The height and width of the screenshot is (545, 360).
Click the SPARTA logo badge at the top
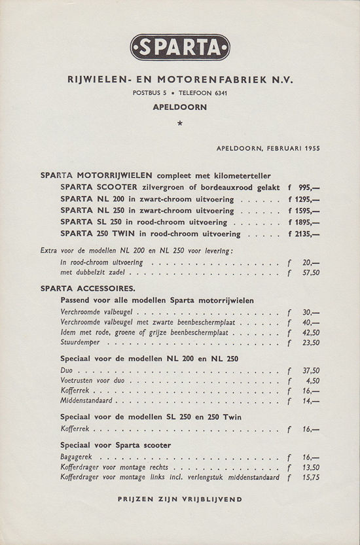(x=180, y=47)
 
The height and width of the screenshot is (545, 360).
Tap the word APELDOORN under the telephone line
(x=180, y=106)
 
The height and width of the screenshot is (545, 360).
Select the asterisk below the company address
(x=180, y=123)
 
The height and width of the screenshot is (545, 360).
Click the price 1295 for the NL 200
(x=306, y=199)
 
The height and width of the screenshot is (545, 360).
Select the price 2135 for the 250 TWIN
(x=306, y=234)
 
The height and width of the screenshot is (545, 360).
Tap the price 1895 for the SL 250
(x=306, y=222)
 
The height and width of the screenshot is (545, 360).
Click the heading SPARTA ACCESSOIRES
(x=88, y=288)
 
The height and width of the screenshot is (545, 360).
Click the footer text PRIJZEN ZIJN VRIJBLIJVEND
(x=180, y=499)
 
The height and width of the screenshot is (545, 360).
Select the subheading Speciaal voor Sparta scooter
(x=116, y=446)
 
